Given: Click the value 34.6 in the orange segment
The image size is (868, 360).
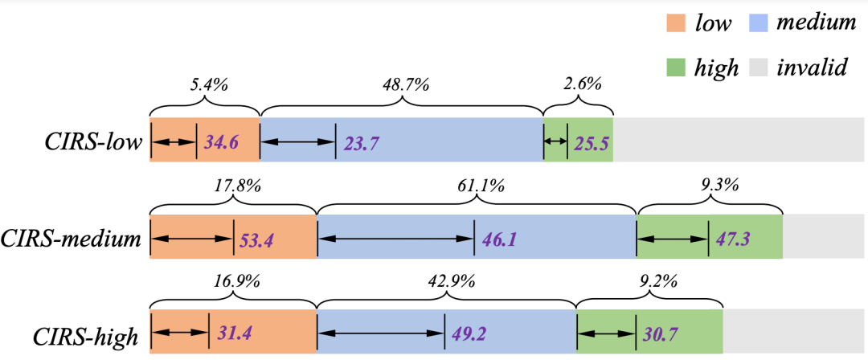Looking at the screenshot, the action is pyautogui.click(x=221, y=142).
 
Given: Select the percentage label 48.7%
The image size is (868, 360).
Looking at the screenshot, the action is pyautogui.click(x=407, y=86).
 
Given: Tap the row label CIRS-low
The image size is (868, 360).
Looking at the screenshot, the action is pyautogui.click(x=92, y=141).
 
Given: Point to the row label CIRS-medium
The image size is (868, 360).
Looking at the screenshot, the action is pyautogui.click(x=70, y=239).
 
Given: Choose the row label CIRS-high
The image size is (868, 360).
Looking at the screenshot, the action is pyautogui.click(x=85, y=336).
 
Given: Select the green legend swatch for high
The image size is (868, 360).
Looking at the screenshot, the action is pyautogui.click(x=675, y=67).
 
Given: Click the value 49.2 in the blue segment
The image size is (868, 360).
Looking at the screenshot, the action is pyautogui.click(x=469, y=336).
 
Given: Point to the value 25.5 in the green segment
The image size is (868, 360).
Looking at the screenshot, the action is pyautogui.click(x=592, y=142).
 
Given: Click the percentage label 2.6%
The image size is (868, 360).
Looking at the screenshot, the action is pyautogui.click(x=579, y=86).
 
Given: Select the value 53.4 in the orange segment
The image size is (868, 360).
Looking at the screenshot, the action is pyautogui.click(x=257, y=239).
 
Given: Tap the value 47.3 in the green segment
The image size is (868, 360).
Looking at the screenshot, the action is pyautogui.click(x=733, y=239).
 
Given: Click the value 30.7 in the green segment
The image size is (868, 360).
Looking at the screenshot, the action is pyautogui.click(x=661, y=336).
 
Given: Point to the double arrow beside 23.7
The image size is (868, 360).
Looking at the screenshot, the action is pyautogui.click(x=298, y=142).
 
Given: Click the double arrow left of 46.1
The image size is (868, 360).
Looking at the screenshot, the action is pyautogui.click(x=395, y=239).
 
